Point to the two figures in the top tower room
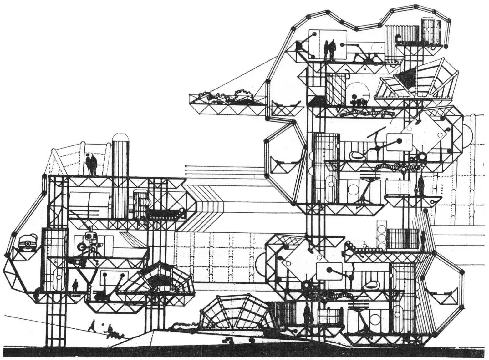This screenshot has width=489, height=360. click(329, 49)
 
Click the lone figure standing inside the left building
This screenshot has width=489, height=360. click(75, 285)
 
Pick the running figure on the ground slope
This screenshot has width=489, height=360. click(92, 326)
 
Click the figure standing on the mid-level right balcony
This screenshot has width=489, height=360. click(421, 186)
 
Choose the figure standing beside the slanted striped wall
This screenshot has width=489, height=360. click(423, 240)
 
